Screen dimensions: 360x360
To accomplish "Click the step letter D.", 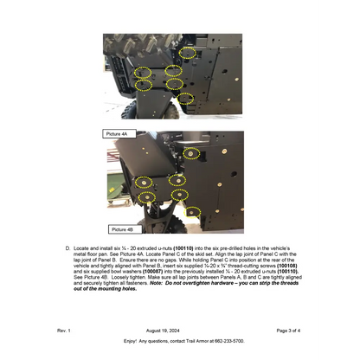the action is [68, 247].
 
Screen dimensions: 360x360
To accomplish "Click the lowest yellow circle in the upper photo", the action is [184, 98].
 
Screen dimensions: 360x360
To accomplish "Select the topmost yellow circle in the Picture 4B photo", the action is [191, 153].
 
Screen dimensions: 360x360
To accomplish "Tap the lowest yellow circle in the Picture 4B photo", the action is [192, 212].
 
